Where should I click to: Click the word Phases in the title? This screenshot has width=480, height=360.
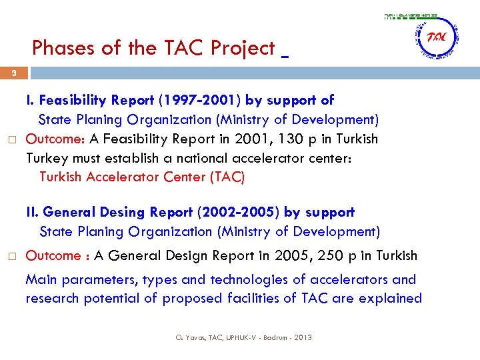pyautogui.click(x=64, y=48)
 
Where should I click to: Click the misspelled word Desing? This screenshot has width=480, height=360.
pyautogui.click(x=121, y=213)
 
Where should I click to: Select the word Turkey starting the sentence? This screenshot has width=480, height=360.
pyautogui.click(x=45, y=159)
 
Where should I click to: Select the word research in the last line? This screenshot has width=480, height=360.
pyautogui.click(x=53, y=298)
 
